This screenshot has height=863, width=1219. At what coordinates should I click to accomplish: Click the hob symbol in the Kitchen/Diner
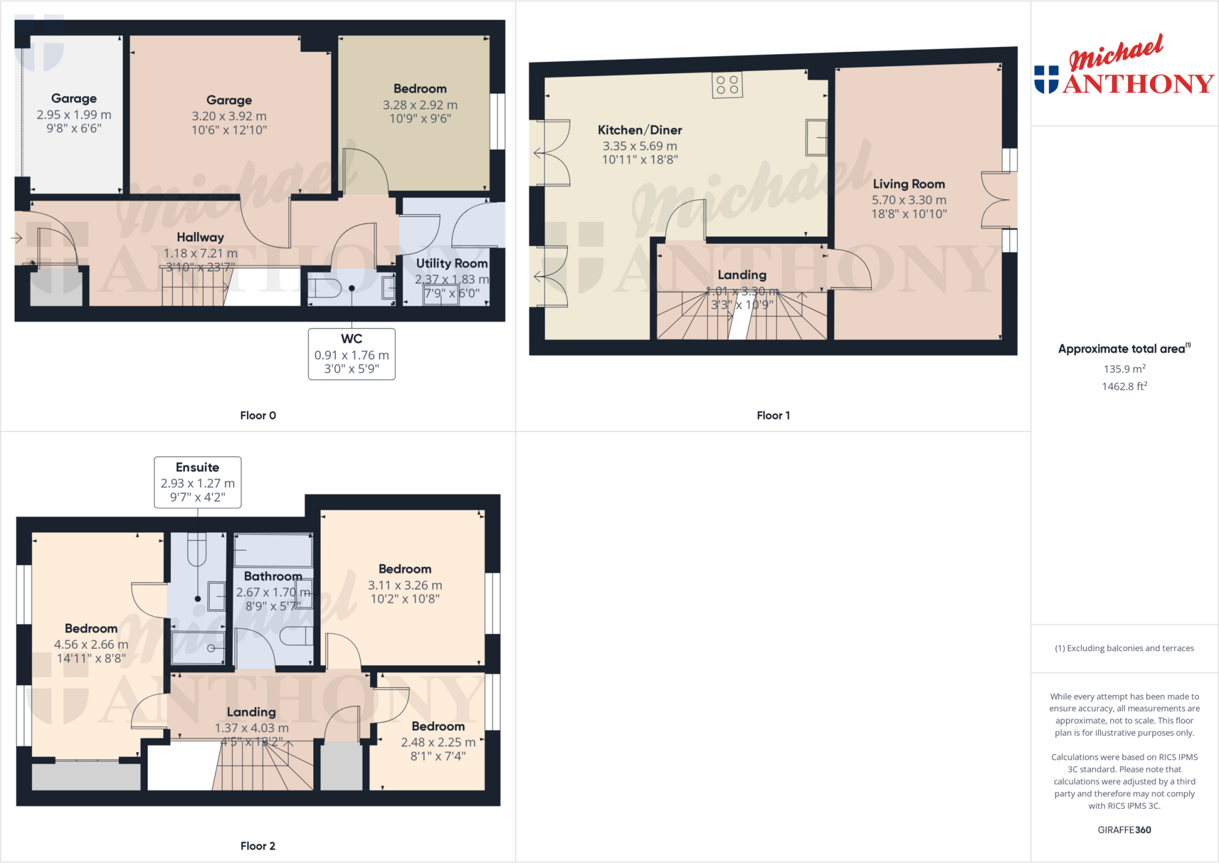click(727, 85)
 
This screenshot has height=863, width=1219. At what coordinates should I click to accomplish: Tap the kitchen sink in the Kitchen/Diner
click(816, 138)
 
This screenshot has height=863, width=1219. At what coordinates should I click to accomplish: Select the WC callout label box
click(351, 354)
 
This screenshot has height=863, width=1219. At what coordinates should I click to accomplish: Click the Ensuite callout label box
click(198, 482)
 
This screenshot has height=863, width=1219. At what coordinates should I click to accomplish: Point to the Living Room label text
click(908, 184)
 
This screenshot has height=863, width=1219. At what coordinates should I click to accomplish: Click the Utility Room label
click(451, 263)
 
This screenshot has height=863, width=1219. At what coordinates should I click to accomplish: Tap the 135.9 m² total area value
click(1124, 369)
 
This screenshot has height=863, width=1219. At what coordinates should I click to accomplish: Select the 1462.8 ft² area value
click(1124, 387)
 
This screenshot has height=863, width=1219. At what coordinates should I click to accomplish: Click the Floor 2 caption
click(258, 846)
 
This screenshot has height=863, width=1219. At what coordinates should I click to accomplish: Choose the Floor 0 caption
click(258, 416)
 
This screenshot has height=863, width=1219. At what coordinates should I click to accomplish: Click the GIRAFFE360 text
click(1124, 830)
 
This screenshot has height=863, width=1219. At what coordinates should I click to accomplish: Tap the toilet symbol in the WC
click(324, 288)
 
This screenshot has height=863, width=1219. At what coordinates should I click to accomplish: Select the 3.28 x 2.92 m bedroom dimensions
click(420, 105)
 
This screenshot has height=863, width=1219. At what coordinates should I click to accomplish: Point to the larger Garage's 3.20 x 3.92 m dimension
click(229, 116)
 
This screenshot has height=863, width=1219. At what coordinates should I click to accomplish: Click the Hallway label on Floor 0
click(200, 237)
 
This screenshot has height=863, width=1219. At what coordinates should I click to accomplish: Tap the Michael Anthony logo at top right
click(1123, 67)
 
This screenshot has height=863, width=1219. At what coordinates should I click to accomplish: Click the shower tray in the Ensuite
click(198, 648)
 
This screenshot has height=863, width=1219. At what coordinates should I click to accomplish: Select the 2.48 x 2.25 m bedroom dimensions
click(437, 742)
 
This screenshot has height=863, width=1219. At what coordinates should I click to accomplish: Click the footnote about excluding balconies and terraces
click(1124, 648)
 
